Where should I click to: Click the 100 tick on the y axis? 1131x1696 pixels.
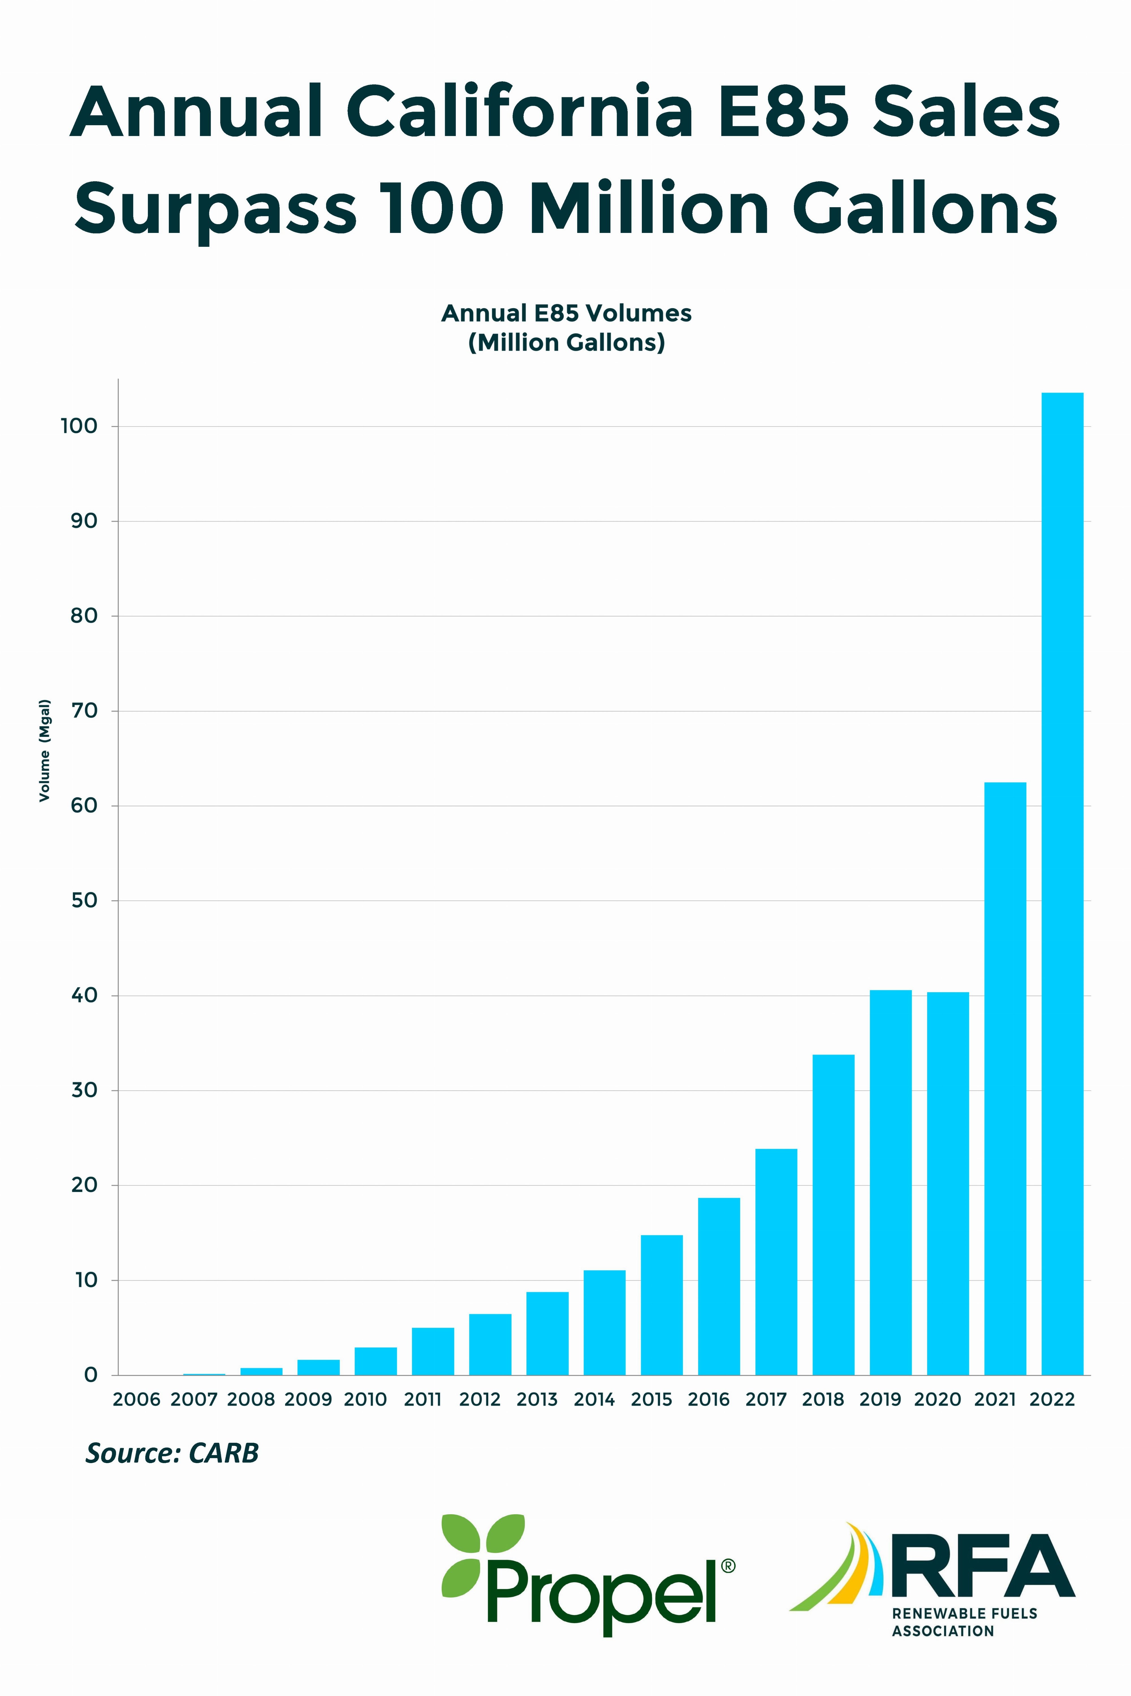pyautogui.click(x=79, y=426)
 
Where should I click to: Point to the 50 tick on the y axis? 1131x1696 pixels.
pyautogui.click(x=84, y=901)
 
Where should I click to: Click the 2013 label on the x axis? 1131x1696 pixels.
pyautogui.click(x=538, y=1400)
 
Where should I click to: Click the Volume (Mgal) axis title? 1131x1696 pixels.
pyautogui.click(x=45, y=750)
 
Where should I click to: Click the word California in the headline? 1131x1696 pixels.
pyautogui.click(x=519, y=113)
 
